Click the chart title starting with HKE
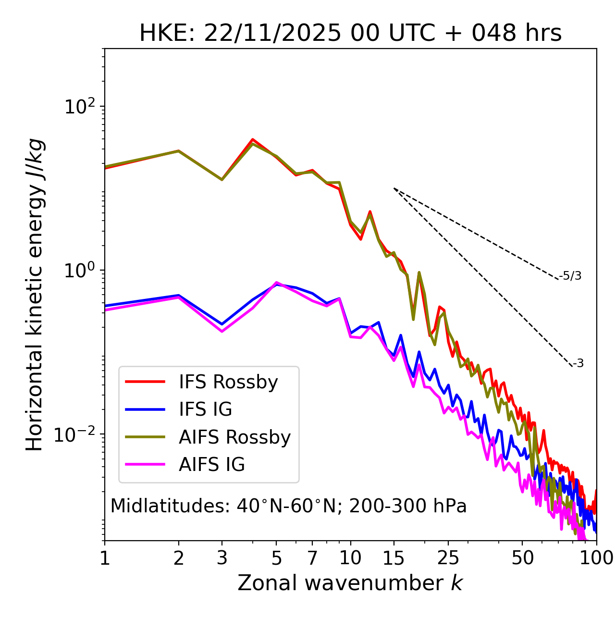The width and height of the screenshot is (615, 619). click(x=350, y=34)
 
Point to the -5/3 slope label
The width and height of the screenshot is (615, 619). click(x=570, y=276)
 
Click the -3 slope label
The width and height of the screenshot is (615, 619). click(x=578, y=363)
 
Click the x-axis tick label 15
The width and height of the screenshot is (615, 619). click(x=394, y=558)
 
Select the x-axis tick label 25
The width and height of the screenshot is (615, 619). click(x=448, y=558)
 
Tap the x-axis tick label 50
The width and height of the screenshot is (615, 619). click(x=523, y=558)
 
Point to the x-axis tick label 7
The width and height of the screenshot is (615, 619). click(x=312, y=558)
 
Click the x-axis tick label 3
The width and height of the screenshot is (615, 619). click(x=221, y=558)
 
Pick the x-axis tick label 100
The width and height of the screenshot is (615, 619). click(x=596, y=558)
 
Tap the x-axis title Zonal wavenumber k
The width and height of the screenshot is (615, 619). click(x=350, y=583)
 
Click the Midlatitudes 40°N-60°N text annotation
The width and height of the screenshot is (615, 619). click(x=288, y=506)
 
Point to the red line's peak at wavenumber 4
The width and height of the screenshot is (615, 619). click(x=252, y=139)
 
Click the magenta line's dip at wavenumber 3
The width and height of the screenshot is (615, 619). click(x=221, y=331)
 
